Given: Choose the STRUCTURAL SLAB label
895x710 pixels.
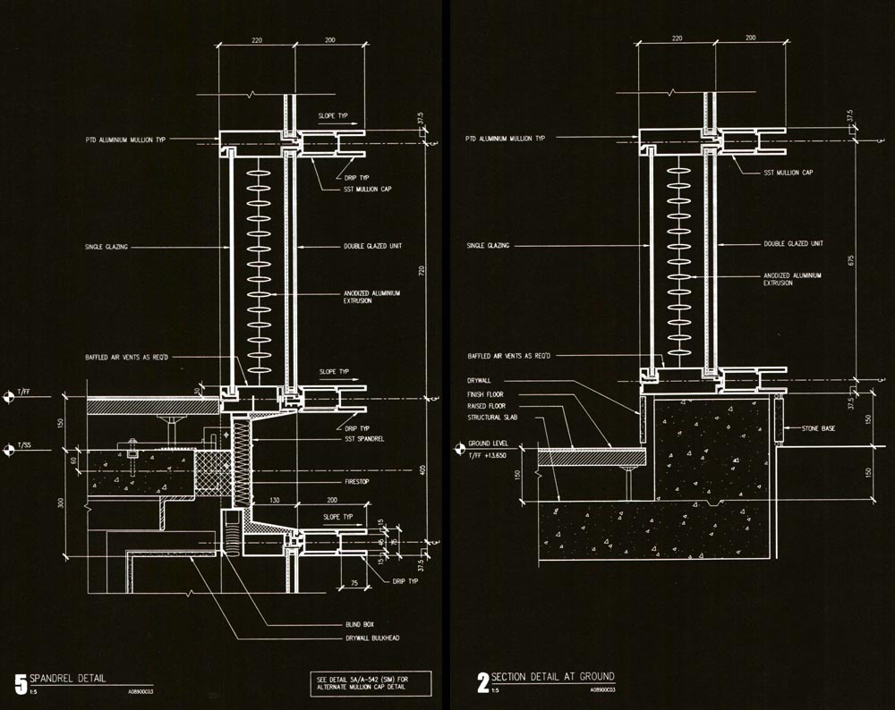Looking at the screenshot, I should (x=491, y=418).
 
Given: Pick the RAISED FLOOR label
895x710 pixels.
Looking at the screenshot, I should (x=486, y=405).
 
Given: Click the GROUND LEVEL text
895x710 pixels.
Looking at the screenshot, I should (x=490, y=442).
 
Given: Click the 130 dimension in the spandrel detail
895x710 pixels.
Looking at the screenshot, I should (x=275, y=501).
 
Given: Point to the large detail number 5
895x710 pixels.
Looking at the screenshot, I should (x=21, y=684).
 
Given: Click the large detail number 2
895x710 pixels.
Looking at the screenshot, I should (x=483, y=684).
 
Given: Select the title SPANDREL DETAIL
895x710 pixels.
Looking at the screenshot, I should (x=67, y=678).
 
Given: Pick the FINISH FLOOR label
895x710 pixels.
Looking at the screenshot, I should (x=486, y=393).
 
